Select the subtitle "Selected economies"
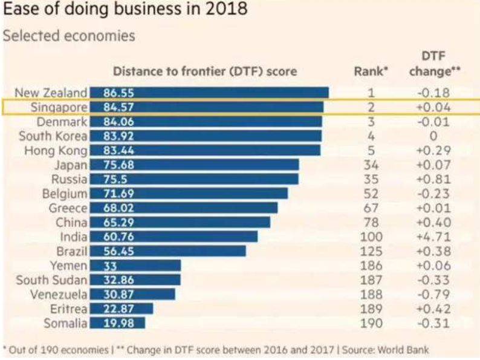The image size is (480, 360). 69,36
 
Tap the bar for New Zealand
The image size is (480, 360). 209,93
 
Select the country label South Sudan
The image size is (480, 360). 52,280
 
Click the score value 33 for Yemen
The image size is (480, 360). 107,266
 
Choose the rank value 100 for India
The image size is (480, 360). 371,237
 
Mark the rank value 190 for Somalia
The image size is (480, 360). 371,323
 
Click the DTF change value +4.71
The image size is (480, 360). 433,237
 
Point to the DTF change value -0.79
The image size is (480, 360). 433,295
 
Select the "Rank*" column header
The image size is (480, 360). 371,72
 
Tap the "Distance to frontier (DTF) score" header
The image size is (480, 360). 205,71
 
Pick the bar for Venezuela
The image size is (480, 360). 132,294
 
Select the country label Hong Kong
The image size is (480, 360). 56,151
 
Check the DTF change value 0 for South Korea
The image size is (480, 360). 433,136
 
